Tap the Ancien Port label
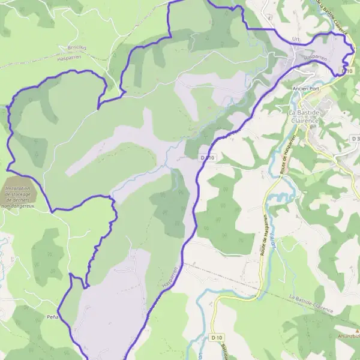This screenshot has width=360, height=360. tap(305, 88)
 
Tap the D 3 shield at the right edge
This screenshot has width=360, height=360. tap(355, 139)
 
